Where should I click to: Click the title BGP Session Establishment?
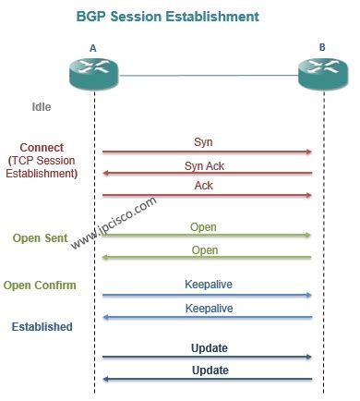click(x=179, y=17)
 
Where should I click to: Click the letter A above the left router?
click(x=93, y=48)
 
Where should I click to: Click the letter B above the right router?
click(x=323, y=48)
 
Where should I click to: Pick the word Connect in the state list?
click(x=42, y=148)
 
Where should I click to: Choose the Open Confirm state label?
click(x=40, y=285)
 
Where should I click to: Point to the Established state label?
click(x=42, y=327)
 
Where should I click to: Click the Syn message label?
click(x=203, y=142)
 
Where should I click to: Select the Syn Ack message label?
click(x=203, y=164)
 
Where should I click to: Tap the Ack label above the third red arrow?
click(x=203, y=185)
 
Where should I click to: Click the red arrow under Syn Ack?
click(x=207, y=173)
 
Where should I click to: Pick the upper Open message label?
click(x=203, y=226)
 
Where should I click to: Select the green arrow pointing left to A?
click(x=207, y=258)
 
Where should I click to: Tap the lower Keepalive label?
click(x=208, y=308)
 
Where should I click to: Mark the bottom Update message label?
click(x=209, y=370)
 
